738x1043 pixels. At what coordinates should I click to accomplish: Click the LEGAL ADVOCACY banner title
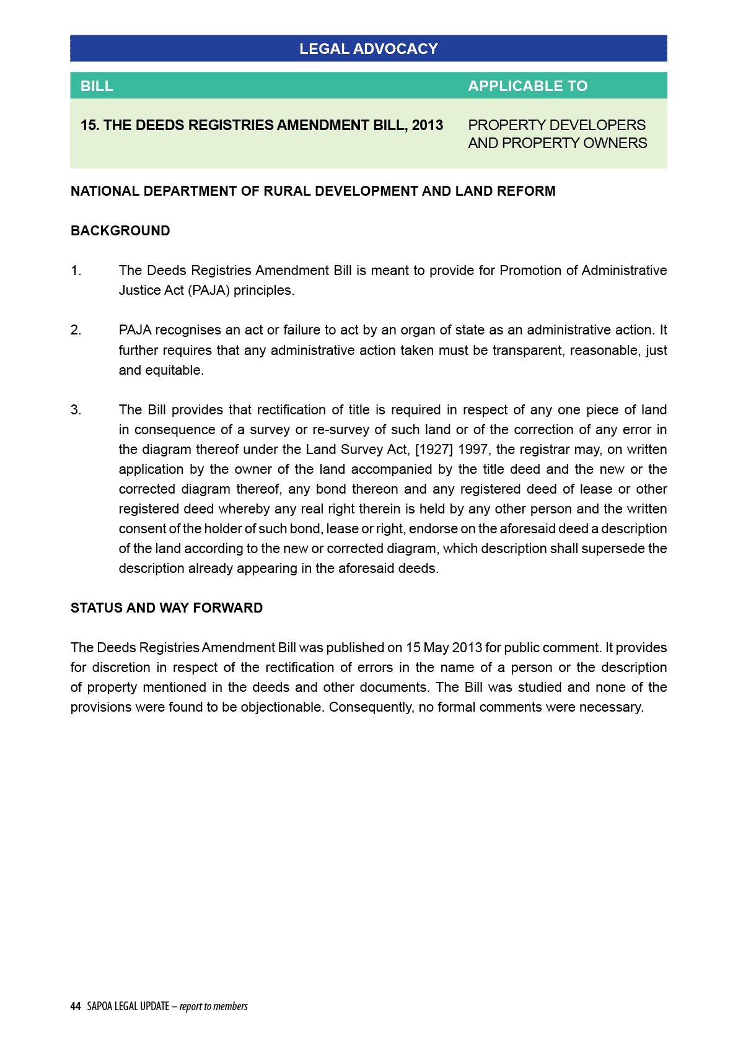tap(368, 49)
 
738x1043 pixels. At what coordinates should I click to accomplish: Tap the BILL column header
tap(97, 86)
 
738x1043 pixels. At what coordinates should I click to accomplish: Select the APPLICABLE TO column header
tap(527, 86)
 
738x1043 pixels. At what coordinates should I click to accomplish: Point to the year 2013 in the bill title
tap(428, 125)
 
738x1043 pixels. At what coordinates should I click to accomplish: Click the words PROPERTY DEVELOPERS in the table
tap(556, 125)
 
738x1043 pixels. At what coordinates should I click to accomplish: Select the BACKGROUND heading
tap(120, 231)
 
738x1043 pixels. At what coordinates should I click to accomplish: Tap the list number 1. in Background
tap(76, 271)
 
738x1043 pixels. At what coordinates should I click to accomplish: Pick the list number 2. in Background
tap(76, 330)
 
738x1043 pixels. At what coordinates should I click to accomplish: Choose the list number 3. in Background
tap(76, 410)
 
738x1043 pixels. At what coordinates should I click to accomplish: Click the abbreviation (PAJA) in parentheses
tap(208, 290)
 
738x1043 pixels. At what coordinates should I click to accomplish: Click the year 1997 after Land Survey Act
tap(473, 450)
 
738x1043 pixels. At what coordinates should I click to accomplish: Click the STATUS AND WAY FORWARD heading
tap(167, 608)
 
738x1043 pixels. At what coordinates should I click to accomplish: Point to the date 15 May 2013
tap(444, 648)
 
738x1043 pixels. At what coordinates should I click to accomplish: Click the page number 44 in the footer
tap(76, 1006)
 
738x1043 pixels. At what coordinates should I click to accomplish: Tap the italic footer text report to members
tap(214, 1006)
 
